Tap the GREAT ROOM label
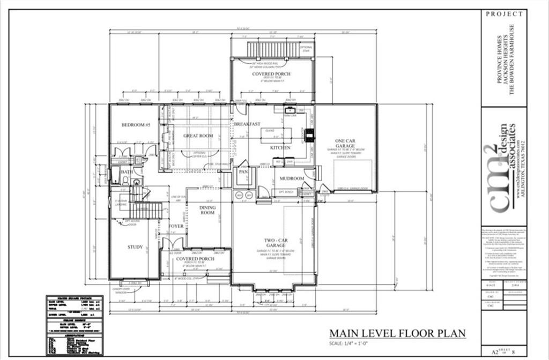click(198, 136)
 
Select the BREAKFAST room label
click(247, 124)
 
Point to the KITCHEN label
click(280, 148)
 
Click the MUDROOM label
click(292, 178)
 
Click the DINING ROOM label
click(207, 210)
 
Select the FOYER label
click(176, 226)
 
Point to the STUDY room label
click(135, 247)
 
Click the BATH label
click(127, 172)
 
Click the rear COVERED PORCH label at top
click(272, 73)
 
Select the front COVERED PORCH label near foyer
click(195, 259)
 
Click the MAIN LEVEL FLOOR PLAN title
click(397, 333)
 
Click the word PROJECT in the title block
click(504, 14)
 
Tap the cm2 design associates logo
click(504, 166)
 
